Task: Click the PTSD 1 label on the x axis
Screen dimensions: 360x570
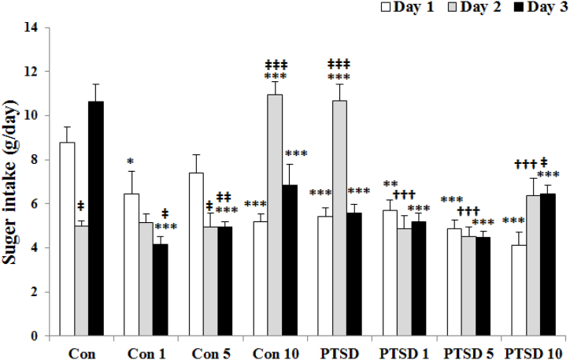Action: click(402, 352)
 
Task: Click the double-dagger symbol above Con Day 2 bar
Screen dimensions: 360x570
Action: click(82, 206)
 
